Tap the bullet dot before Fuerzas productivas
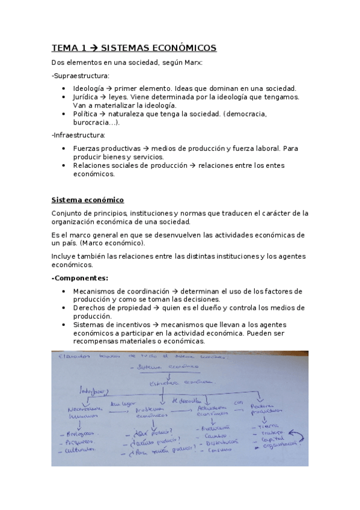(65, 148)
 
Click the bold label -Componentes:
(80, 278)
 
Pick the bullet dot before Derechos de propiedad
(65, 308)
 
